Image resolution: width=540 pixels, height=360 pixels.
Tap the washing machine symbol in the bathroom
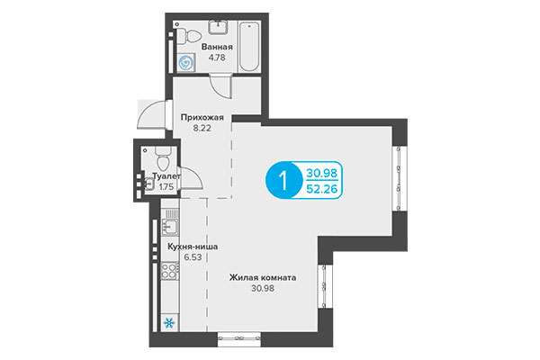[x=187, y=63]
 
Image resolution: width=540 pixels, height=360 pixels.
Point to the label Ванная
[x=219, y=48]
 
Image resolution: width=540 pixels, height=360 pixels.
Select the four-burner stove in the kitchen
[x=168, y=271]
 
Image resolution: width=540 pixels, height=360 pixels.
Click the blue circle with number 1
[x=283, y=179]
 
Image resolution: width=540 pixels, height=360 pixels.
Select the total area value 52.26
[x=322, y=188]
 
